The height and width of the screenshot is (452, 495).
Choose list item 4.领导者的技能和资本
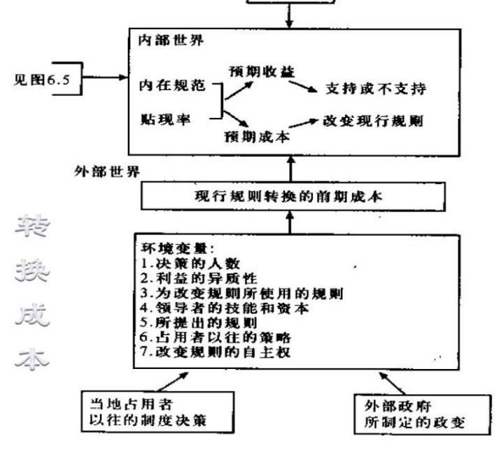[x=217, y=306]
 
